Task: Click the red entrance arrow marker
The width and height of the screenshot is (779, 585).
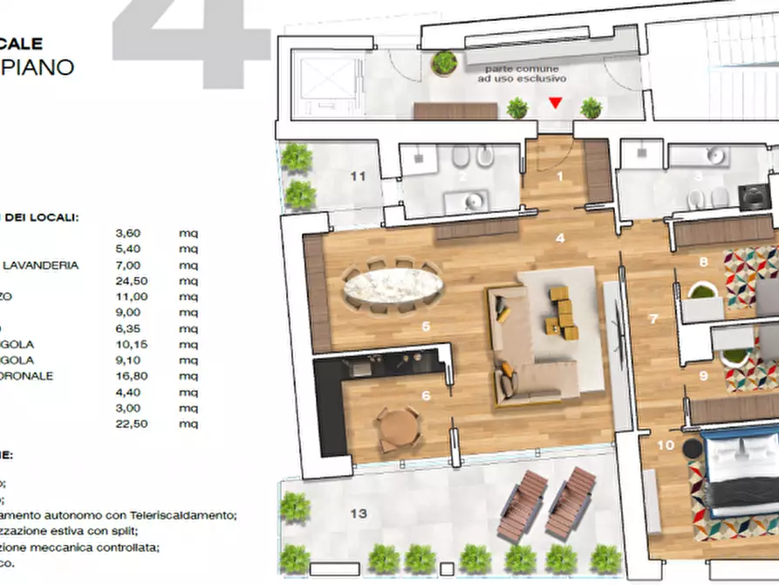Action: coord(556,104)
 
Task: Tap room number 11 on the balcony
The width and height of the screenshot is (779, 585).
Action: coord(358,175)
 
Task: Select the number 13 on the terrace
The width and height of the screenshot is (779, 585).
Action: coord(359,513)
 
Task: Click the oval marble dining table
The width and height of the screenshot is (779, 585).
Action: coord(393,285)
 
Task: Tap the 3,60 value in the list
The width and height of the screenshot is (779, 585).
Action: coord(127,233)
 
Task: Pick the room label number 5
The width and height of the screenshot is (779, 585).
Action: coord(426,327)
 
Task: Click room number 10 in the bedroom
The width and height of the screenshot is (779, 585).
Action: coord(665,444)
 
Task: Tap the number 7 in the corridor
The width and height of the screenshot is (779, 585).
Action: coord(653,319)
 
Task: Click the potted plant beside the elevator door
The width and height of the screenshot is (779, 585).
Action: coord(445,63)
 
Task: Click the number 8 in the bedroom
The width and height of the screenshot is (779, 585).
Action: coord(703,261)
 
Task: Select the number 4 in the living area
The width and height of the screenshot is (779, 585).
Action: coord(560,237)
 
